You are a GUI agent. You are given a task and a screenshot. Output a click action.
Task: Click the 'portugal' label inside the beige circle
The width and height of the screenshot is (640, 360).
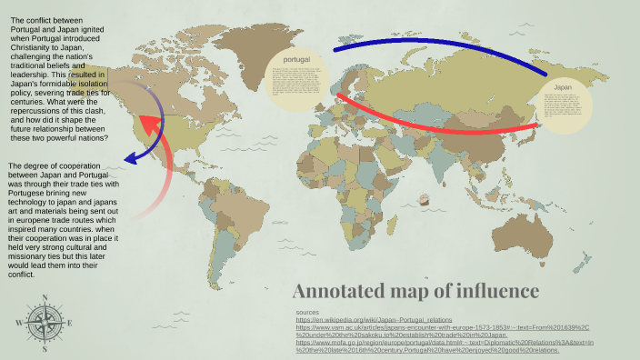coord(296,59)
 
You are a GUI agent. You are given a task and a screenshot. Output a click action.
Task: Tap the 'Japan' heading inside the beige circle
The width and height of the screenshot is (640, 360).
coord(563,87)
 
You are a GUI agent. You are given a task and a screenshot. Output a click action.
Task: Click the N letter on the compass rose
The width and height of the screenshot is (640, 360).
coord(44,296)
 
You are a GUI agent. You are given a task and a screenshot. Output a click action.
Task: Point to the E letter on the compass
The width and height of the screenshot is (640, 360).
coord(69,322)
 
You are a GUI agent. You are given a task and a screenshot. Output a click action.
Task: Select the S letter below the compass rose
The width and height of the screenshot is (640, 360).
coord(44,348)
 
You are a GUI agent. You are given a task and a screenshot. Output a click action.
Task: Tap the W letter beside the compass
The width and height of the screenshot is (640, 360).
coord(18,322)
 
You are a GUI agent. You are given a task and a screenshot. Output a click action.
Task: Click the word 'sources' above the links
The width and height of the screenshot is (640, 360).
coord(308,313)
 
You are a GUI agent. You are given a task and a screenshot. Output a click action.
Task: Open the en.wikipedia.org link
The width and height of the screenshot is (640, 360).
coord(374,320)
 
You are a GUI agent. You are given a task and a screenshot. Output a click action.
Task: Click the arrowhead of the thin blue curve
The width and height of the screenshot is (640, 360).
coord(129,159)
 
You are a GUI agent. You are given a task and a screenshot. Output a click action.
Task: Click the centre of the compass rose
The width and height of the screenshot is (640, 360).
coord(44,322)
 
